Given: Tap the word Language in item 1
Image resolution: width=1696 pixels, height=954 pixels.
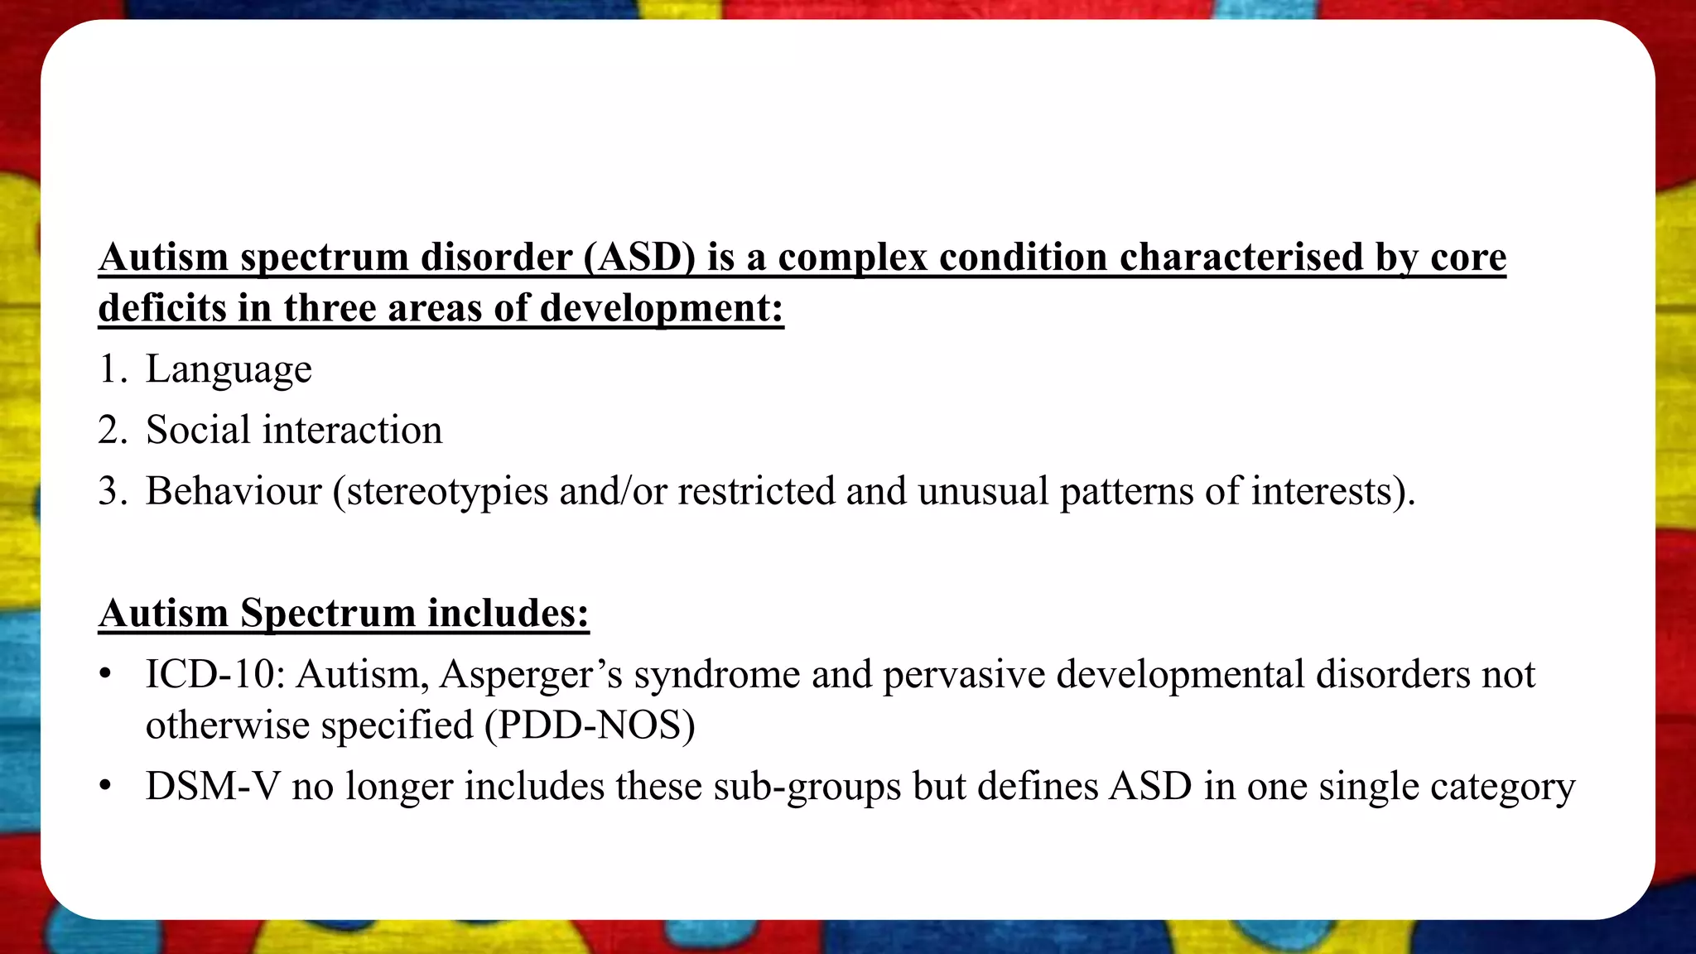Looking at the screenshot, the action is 229,369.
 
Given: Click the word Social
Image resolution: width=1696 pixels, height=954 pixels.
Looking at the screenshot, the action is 198,430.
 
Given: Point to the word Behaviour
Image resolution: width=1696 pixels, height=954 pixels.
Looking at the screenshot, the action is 234,491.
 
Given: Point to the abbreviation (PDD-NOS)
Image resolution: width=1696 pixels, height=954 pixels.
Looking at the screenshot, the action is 590,725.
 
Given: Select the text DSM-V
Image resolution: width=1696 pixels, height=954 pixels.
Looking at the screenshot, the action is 213,786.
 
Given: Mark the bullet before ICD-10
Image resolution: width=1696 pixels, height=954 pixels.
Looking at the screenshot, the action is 104,675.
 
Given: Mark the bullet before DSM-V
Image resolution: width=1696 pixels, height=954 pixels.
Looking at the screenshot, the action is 104,787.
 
